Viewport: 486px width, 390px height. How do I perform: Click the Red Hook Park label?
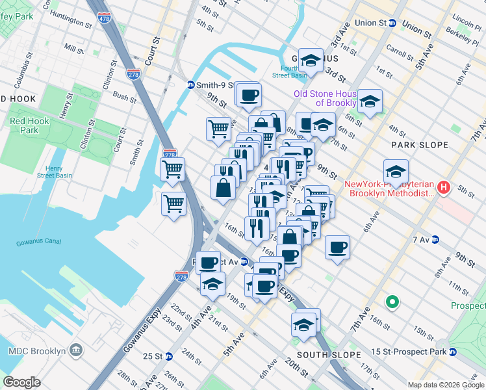click(x=25, y=125)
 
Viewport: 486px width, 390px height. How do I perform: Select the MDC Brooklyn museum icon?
click(x=77, y=351)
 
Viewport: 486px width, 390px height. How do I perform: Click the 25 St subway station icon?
click(x=168, y=356)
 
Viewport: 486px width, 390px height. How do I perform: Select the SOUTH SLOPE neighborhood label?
click(x=328, y=355)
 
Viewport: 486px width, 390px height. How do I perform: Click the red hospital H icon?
click(x=444, y=188)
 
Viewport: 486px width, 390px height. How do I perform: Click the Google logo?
click(x=21, y=382)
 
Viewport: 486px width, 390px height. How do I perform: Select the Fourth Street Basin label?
click(x=289, y=71)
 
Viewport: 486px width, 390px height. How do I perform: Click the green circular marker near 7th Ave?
click(x=392, y=302)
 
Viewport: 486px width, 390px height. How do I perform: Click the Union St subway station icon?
click(x=392, y=23)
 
